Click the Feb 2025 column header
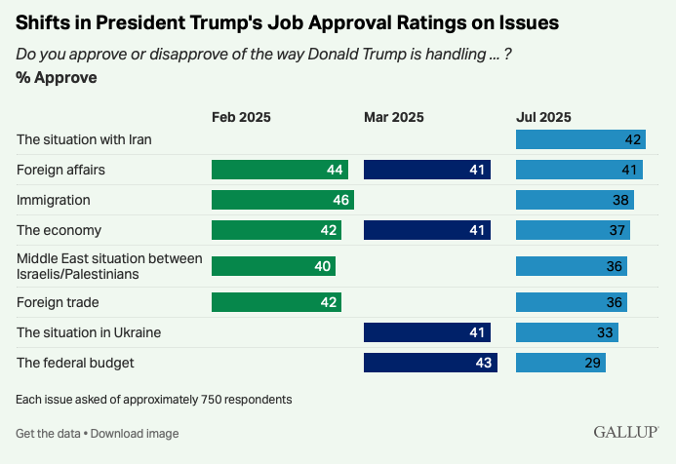point(241,117)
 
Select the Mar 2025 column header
point(393,117)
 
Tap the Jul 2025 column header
point(543,117)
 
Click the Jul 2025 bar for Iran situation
point(580,139)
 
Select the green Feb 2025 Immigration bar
point(282,200)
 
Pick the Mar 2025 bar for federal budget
point(430,364)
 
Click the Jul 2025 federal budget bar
point(560,364)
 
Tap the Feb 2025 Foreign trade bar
point(276,302)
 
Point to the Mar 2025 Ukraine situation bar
point(426,332)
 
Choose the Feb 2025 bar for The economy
point(276,230)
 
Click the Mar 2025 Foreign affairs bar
point(426,170)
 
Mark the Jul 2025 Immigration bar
point(575,200)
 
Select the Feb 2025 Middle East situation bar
point(273,266)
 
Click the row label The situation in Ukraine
point(89,332)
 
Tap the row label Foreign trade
point(58,302)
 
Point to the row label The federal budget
point(75,364)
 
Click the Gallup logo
point(626,431)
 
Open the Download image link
point(135,433)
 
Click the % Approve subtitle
point(57,78)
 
